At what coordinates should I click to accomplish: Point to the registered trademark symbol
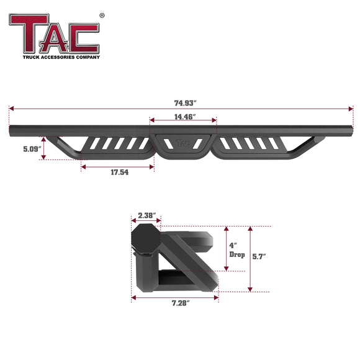tap(102, 16)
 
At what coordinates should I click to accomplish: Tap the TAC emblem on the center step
tap(183, 142)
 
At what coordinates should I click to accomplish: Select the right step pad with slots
tap(248, 144)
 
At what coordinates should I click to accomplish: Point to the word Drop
tap(238, 255)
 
